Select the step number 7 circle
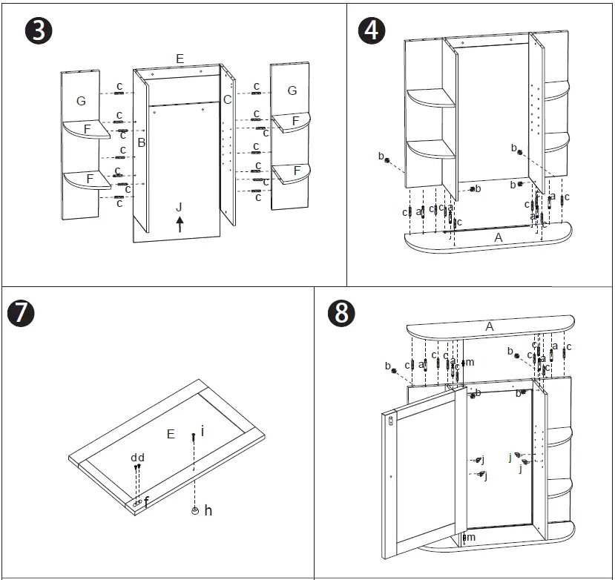[21, 313]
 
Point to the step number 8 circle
[341, 313]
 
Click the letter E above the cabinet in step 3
[180, 58]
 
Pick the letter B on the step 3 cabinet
[141, 142]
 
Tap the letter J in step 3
[179, 206]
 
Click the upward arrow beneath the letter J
[180, 224]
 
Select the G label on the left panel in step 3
[81, 100]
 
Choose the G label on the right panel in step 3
[292, 90]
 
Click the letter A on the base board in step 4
[498, 237]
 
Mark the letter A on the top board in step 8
[489, 326]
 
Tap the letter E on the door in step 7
[171, 434]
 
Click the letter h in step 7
[208, 510]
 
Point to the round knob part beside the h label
[194, 510]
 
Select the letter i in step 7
[202, 429]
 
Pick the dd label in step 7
[137, 458]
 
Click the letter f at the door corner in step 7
[146, 503]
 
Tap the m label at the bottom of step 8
[470, 537]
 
